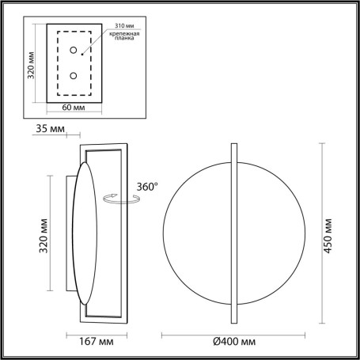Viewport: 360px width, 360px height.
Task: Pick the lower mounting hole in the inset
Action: click(x=73, y=77)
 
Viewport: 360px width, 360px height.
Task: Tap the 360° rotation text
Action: click(x=146, y=186)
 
